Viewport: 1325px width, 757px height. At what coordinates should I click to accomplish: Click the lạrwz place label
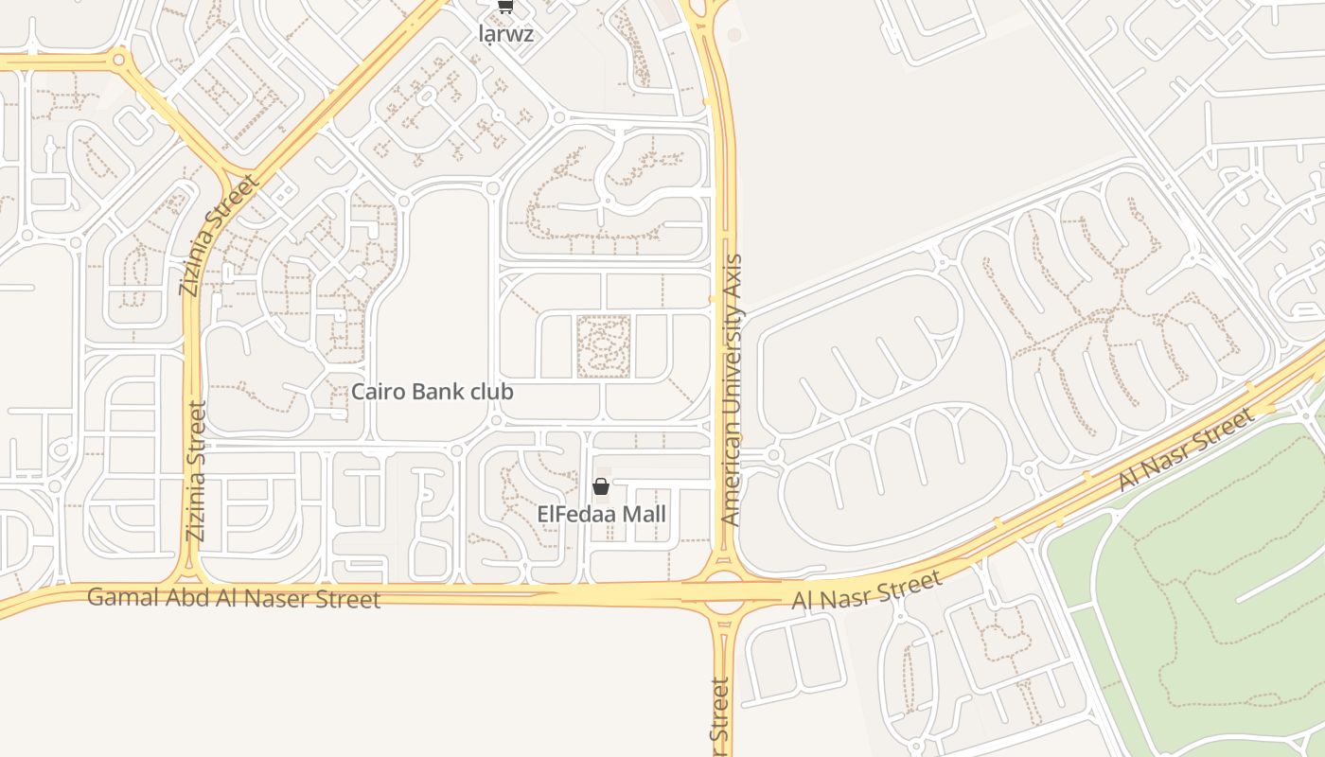click(x=506, y=34)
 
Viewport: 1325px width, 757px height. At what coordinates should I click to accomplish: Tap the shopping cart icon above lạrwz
click(x=506, y=7)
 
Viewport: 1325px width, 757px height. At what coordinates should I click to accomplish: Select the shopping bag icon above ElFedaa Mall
click(x=600, y=487)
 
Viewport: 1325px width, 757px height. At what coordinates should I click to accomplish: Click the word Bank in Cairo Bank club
click(x=434, y=391)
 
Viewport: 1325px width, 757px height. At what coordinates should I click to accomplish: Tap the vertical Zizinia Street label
click(x=195, y=470)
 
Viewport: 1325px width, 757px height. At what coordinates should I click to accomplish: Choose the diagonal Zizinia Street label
click(x=218, y=235)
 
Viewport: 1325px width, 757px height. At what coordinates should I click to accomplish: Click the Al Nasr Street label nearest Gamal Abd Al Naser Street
click(x=866, y=589)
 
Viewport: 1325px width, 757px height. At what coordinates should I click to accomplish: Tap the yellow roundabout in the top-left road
click(x=119, y=61)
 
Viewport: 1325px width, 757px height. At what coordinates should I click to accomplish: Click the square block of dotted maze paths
click(x=603, y=346)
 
